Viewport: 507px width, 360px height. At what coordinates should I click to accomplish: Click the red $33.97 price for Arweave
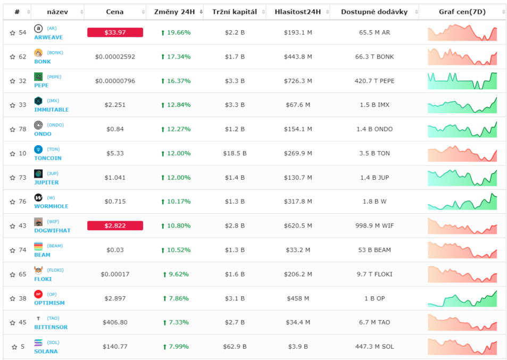[115, 32]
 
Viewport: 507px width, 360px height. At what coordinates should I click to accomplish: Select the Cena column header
[115, 12]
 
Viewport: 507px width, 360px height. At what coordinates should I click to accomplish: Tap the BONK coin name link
[43, 61]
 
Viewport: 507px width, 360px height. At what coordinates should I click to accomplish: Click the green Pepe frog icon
[38, 77]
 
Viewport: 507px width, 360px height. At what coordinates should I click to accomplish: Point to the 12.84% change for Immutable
[176, 105]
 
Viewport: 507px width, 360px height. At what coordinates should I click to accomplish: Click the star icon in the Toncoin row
[13, 154]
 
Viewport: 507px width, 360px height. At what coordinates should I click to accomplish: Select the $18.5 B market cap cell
[235, 153]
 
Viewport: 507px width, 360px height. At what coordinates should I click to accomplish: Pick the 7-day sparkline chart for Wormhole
[462, 202]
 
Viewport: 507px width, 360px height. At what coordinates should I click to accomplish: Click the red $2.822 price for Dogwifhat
[115, 225]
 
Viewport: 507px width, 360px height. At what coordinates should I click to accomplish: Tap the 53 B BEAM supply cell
[375, 250]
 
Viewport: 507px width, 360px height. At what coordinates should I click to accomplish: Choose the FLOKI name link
[43, 279]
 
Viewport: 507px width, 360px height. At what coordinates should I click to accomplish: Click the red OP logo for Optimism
[38, 294]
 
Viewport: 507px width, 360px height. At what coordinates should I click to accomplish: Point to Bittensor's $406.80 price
[115, 322]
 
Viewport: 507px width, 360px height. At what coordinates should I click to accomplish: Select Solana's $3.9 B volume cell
[298, 346]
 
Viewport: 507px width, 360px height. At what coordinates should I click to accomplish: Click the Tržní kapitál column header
[235, 12]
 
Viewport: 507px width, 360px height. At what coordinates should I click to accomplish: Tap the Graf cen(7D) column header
[462, 12]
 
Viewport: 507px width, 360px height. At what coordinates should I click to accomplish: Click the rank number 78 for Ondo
[22, 129]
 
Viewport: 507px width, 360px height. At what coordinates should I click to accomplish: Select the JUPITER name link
[47, 182]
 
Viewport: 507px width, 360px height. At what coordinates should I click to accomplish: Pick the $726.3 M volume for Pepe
[298, 81]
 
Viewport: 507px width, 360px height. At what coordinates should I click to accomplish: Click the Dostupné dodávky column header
[374, 12]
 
